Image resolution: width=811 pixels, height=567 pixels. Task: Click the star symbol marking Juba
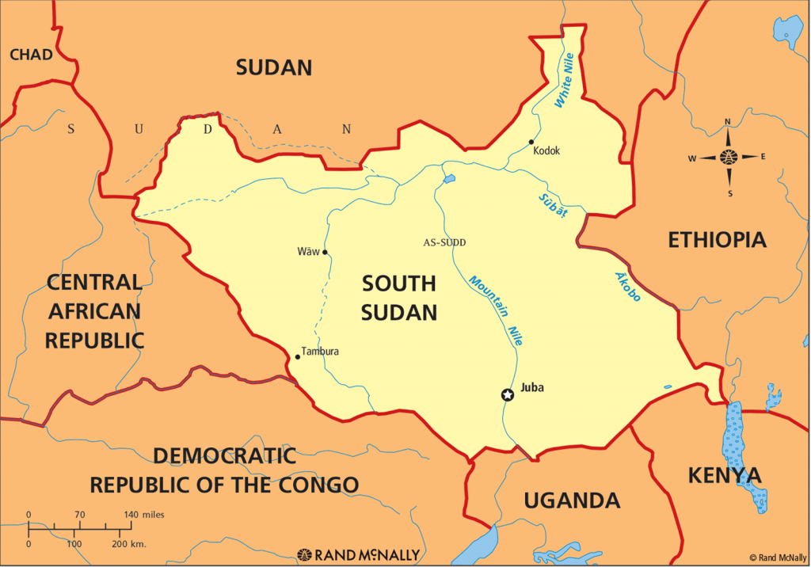(x=507, y=394)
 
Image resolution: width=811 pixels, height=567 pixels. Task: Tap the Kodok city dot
(x=531, y=143)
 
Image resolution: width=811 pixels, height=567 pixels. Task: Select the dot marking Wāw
(x=325, y=253)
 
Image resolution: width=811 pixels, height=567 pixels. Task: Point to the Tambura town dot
(x=298, y=356)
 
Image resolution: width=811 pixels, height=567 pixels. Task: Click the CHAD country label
(x=31, y=55)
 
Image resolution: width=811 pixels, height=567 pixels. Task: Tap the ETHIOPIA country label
(x=717, y=240)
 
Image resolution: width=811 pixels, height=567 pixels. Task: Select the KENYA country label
(x=724, y=475)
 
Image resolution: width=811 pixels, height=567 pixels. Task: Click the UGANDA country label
(x=571, y=500)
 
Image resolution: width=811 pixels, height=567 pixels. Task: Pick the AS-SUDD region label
(x=444, y=242)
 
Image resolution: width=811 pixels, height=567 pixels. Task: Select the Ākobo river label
(x=628, y=286)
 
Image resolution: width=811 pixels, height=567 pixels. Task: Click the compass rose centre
(x=728, y=157)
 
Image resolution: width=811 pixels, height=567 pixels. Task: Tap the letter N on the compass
(x=728, y=122)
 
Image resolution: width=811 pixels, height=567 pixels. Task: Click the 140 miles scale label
(x=143, y=515)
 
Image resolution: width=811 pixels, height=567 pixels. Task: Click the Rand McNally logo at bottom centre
(x=358, y=554)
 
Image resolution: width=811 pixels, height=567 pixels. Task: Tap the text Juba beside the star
(x=533, y=388)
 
